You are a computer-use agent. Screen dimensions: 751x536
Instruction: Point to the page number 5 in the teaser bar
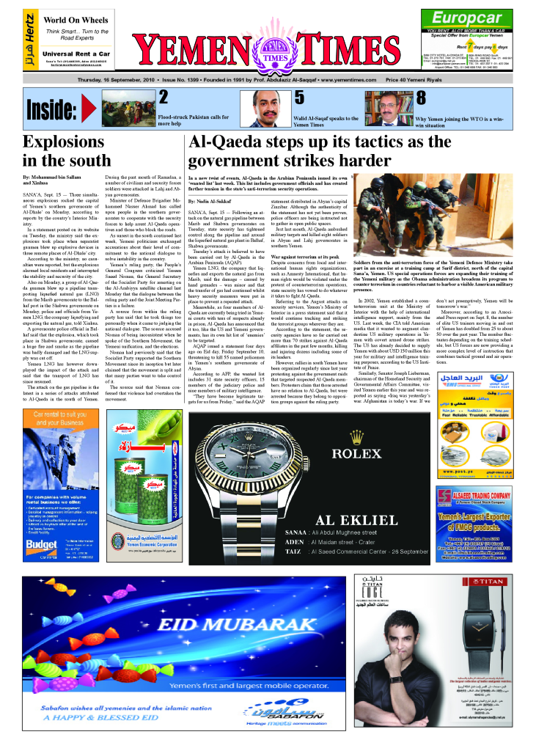coord(299,98)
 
